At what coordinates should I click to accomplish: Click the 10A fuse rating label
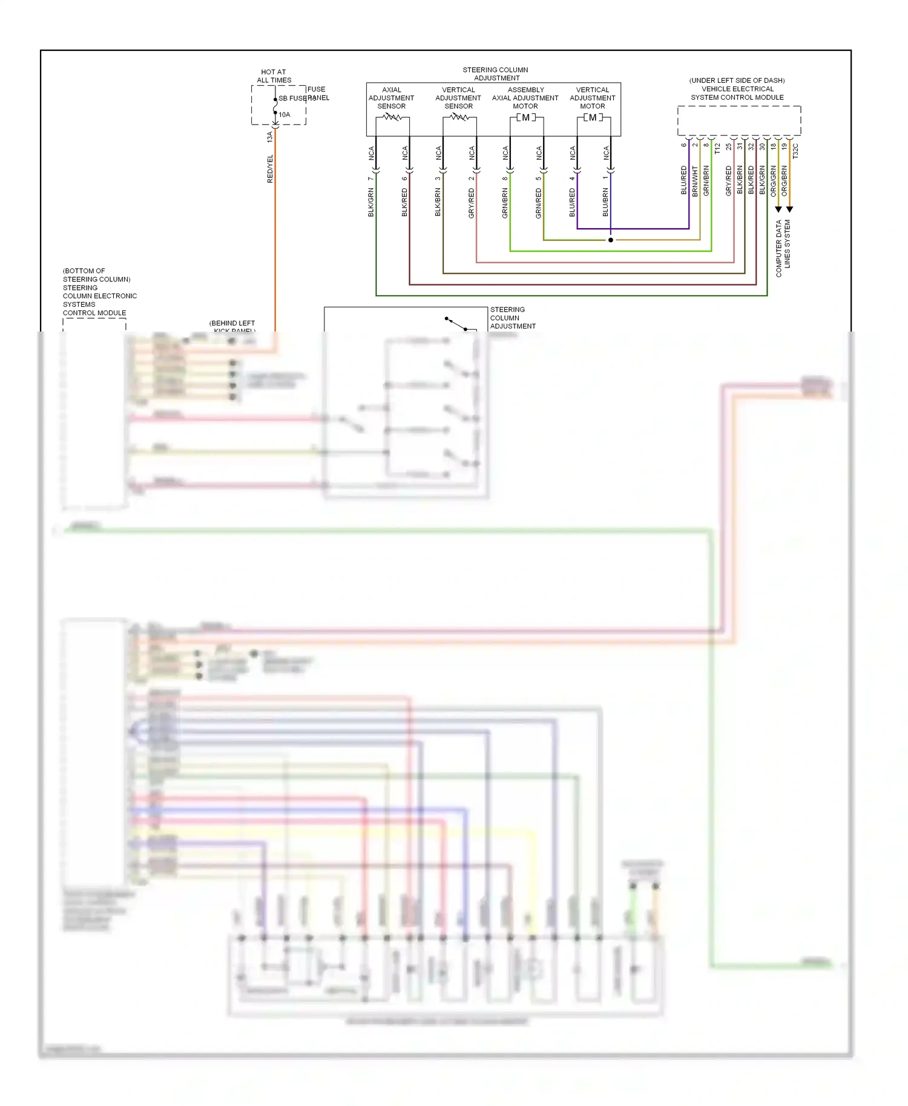point(285,114)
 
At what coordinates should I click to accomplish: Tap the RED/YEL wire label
point(270,169)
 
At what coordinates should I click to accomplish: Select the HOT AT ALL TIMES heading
point(274,76)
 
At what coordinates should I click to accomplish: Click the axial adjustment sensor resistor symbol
point(392,117)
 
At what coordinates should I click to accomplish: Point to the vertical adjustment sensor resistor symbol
point(459,117)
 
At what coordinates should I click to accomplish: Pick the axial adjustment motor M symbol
point(526,117)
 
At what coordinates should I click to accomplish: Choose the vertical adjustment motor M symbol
point(593,117)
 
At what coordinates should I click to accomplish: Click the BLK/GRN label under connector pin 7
point(371,202)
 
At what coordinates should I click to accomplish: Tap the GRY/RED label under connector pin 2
point(472,203)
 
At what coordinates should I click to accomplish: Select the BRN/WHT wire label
point(695,181)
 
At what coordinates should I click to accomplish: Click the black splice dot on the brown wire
point(610,240)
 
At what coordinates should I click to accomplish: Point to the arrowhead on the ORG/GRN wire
point(778,209)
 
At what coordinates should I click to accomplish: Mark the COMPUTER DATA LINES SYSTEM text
point(783,248)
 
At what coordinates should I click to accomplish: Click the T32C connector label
point(795,151)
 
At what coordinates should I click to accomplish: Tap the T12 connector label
point(717,148)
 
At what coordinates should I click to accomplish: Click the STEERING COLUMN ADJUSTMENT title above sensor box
point(496,74)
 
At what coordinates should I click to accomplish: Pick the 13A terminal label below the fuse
point(270,137)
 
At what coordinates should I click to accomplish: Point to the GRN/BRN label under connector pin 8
point(505,203)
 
